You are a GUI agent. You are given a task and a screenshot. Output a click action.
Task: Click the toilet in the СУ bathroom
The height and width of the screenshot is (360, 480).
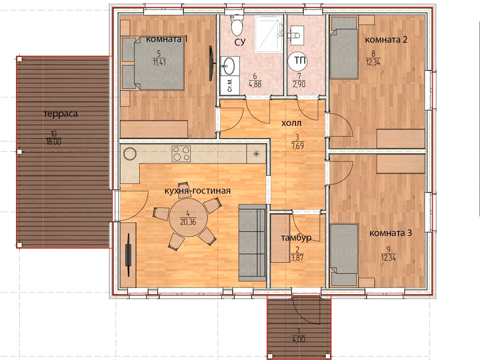click(237, 25)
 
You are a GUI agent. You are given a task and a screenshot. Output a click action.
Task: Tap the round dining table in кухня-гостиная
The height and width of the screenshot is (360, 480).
click(188, 217)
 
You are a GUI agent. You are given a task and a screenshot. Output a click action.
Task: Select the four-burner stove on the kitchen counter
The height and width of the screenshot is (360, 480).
click(181, 154)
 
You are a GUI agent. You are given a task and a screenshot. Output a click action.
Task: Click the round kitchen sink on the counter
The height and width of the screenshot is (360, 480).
click(130, 154)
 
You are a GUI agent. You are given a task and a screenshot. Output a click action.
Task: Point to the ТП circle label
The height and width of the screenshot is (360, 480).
click(297, 61)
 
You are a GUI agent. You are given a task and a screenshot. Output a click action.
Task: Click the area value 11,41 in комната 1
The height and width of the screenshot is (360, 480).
click(159, 63)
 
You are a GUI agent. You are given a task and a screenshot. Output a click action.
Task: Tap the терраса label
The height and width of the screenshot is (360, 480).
click(61, 114)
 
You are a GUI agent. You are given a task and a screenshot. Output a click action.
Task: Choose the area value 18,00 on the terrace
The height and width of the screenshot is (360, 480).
click(54, 142)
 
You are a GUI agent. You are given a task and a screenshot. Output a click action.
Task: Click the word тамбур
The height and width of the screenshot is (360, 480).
click(296, 238)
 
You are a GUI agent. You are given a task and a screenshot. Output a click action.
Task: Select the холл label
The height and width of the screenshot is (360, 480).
click(291, 123)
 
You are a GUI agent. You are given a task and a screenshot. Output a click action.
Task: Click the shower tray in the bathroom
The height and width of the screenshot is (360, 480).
click(269, 34)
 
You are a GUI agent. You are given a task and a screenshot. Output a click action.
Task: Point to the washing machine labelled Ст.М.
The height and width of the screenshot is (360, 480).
click(230, 85)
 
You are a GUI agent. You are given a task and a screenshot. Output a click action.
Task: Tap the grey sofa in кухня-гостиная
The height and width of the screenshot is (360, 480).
click(252, 243)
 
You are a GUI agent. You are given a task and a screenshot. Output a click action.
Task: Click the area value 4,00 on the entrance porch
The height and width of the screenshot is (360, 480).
click(298, 339)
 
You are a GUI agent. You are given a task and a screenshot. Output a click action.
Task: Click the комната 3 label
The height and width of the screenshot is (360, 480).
click(391, 233)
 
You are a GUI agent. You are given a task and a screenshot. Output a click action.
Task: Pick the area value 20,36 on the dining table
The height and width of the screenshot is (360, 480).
click(188, 222)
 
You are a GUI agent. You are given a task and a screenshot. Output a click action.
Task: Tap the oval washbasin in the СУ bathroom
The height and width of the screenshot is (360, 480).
click(229, 66)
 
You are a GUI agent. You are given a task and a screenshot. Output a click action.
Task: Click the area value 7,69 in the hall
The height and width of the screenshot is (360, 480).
click(298, 146)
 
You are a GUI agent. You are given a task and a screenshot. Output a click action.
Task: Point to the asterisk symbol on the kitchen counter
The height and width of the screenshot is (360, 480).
click(256, 154)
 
